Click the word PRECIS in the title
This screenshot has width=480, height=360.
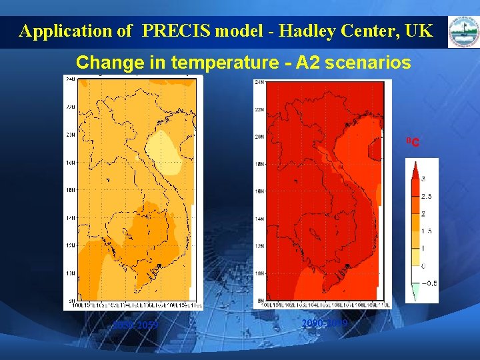pos(171,31)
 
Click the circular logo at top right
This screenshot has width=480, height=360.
pos(462,31)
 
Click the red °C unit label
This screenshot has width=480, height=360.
pos(413,142)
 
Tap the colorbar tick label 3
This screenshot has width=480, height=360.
pos(423,179)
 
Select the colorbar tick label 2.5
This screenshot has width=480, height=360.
pos(427,196)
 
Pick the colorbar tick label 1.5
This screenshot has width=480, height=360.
pos(427,231)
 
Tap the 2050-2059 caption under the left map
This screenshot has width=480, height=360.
pos(136,325)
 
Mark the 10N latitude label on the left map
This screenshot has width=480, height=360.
pos(70,273)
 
